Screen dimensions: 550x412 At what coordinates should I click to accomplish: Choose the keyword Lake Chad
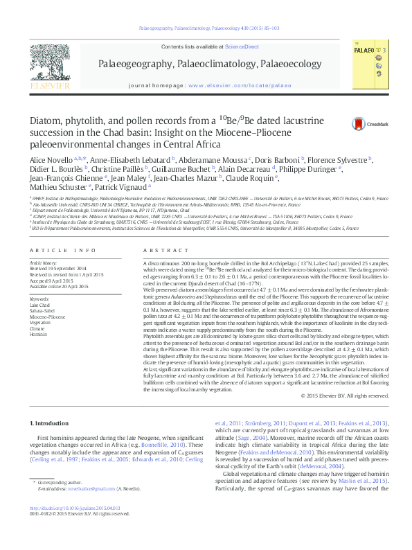tap(40, 285)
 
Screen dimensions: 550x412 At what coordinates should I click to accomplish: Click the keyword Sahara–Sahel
tap(43, 292)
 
